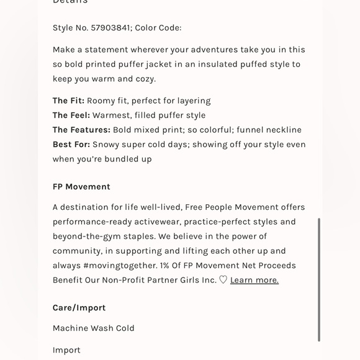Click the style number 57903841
[110, 28]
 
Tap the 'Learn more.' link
[254, 280]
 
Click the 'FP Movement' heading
[81, 187]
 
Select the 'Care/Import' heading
[79, 308]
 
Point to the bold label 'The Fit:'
[68, 101]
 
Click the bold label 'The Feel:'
[71, 115]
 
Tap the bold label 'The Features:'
[81, 130]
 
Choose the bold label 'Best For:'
[71, 145]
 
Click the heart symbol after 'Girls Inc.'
[223, 280]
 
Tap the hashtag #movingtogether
[120, 266]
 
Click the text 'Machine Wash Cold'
[94, 328]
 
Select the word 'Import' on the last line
[66, 350]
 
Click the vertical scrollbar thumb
[319, 279]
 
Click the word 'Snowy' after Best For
[106, 145]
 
